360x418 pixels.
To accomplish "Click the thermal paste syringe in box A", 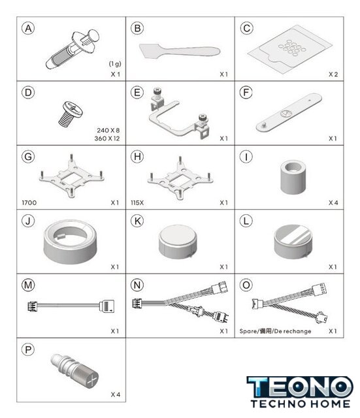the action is [x=73, y=50].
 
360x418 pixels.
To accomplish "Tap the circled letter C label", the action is [x=246, y=28].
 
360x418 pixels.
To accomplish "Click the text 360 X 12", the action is [x=107, y=138].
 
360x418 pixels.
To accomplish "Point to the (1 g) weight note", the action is [x=115, y=64].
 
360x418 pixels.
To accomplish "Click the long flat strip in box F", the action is [x=289, y=112].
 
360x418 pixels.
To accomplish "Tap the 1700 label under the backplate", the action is [x=29, y=203].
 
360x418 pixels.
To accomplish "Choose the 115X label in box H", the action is [x=137, y=203].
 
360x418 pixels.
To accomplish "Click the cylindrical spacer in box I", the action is [x=293, y=177].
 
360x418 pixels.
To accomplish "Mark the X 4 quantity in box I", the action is [x=333, y=203].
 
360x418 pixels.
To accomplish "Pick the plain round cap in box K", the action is [x=178, y=242].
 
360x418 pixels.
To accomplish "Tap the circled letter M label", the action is [x=28, y=285].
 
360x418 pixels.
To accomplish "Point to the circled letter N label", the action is [x=137, y=285].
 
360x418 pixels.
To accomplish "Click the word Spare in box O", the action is [x=248, y=331].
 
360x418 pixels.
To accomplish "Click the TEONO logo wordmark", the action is [x=301, y=387].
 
